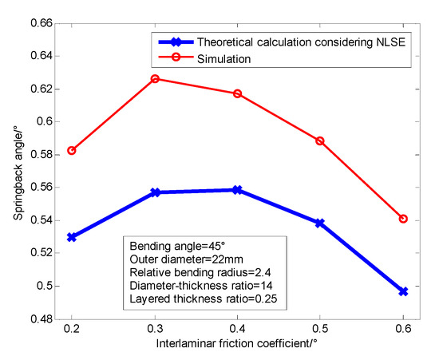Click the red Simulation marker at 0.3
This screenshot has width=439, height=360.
pos(155,79)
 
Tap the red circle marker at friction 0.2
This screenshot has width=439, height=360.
pos(72,150)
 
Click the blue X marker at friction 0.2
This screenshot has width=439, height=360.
pos(72,237)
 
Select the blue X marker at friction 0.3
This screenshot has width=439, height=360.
pos(155,192)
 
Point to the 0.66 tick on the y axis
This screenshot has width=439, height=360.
pos(42,23)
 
